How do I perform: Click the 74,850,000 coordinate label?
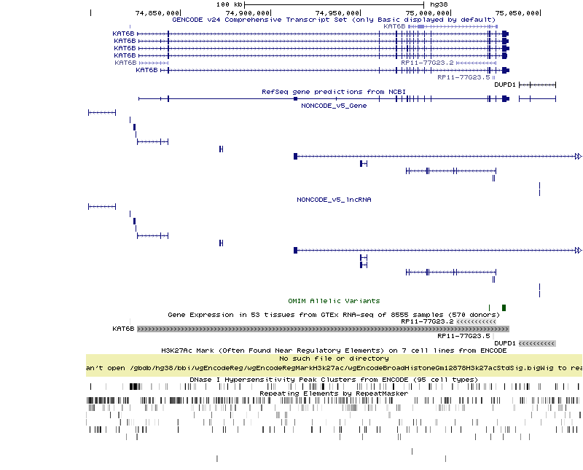pos(158,12)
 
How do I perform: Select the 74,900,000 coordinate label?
pos(248,12)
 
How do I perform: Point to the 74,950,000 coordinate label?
pos(337,12)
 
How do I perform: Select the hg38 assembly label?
pos(439,4)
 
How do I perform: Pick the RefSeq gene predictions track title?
pos(334,92)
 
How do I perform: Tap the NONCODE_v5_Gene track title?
pos(334,106)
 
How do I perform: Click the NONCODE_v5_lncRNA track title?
pos(334,200)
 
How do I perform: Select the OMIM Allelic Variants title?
pos(334,301)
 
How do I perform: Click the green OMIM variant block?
pos(504,308)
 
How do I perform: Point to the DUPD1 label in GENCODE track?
pos(505,85)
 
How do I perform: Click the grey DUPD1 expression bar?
pos(537,343)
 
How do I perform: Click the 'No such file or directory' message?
pos(334,359)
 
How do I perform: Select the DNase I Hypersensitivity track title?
pos(334,380)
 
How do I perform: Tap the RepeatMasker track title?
pos(334,393)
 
